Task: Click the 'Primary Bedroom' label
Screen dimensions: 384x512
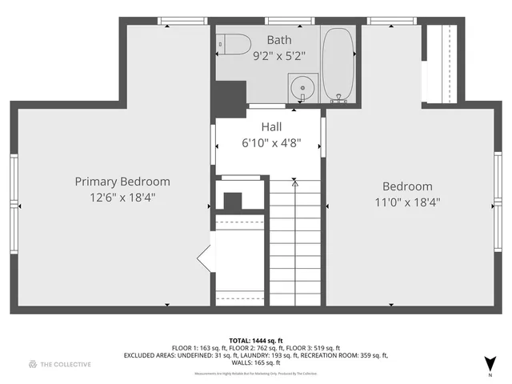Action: (122, 182)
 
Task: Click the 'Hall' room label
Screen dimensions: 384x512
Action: (271, 127)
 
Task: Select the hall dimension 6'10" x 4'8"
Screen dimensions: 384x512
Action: (271, 143)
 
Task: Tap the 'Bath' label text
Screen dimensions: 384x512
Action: (280, 39)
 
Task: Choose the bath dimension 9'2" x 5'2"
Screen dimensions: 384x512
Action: (280, 56)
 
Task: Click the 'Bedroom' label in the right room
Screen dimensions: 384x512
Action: (407, 186)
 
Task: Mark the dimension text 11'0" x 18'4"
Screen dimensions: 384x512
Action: (407, 202)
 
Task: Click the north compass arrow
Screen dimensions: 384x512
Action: (491, 362)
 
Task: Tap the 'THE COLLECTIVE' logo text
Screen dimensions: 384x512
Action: (66, 364)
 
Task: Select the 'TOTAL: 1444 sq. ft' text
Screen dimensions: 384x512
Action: (255, 339)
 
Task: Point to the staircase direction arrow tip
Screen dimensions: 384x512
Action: (294, 183)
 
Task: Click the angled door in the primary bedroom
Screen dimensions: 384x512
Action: (204, 258)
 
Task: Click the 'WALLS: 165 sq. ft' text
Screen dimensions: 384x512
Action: (256, 363)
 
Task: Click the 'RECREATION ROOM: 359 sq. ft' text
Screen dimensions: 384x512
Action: (343, 355)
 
